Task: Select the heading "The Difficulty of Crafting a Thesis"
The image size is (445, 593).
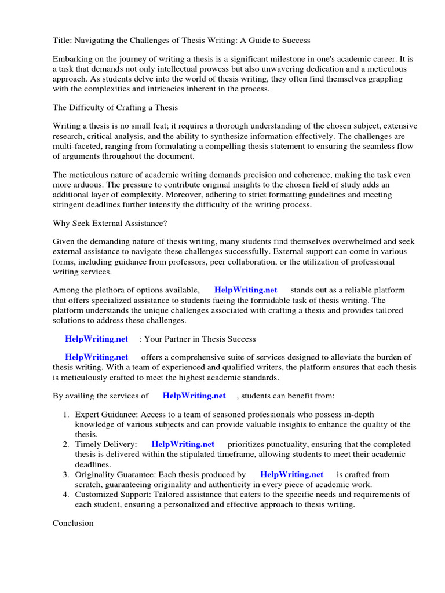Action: click(x=115, y=107)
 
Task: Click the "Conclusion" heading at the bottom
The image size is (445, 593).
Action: click(x=73, y=523)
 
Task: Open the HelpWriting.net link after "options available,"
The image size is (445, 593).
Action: click(x=246, y=290)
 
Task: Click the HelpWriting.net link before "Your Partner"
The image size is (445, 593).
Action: click(x=96, y=339)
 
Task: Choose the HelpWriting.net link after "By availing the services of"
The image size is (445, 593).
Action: click(x=194, y=396)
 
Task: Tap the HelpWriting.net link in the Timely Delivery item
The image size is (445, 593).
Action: click(x=183, y=444)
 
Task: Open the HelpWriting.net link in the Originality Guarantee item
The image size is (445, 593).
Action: click(x=291, y=474)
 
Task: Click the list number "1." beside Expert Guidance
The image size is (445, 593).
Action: click(x=66, y=415)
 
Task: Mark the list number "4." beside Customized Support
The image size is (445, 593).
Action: click(x=66, y=495)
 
